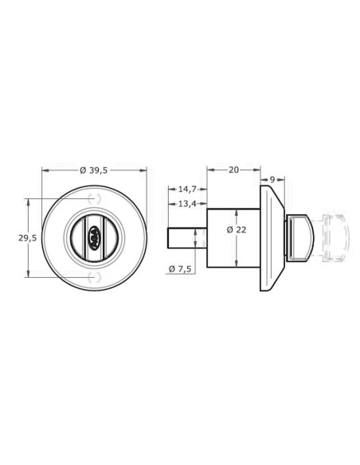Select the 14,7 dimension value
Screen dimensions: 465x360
pos(187,190)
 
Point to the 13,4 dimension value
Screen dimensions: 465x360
pos(187,205)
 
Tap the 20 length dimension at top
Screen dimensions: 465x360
pos(233,169)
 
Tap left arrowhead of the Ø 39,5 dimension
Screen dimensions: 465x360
pos(43,169)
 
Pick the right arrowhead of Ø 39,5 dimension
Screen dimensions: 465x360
pos(146,169)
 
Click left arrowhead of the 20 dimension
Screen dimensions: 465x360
pos(209,169)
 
